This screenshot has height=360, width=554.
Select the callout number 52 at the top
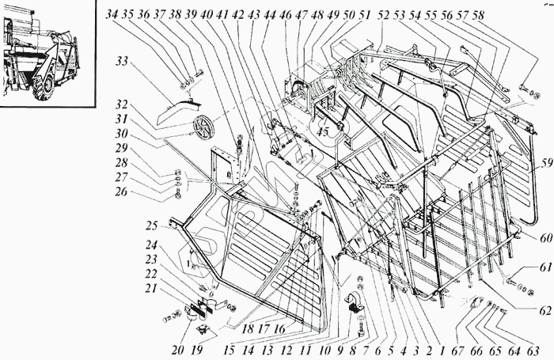tap(385, 15)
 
